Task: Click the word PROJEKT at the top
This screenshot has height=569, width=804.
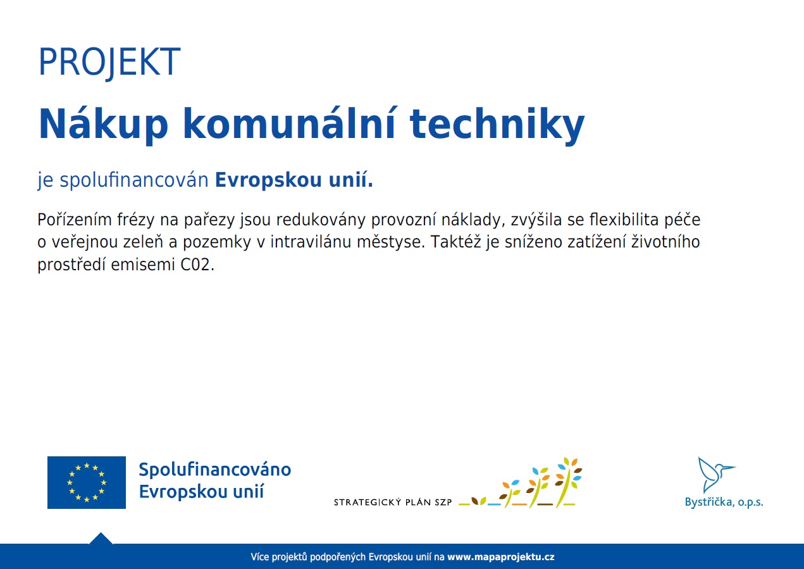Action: [x=109, y=62]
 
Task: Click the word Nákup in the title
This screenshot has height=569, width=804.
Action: [x=103, y=124]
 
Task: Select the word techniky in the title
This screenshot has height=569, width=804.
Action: [x=497, y=125]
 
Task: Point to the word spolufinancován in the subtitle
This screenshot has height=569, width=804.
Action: [x=134, y=180]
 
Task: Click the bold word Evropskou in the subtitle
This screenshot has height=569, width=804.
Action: [x=268, y=180]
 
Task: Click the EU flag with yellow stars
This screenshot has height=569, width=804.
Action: [x=87, y=482]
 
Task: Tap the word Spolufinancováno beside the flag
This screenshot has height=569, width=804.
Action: [x=214, y=470]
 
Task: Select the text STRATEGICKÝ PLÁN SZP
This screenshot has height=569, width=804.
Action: [x=393, y=502]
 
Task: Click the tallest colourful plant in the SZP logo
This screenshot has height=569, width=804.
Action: [x=568, y=482]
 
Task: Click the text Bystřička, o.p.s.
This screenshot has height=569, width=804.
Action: [x=724, y=502]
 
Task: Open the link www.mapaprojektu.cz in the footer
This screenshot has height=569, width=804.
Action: [x=501, y=557]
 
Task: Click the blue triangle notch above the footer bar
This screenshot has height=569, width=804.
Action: [x=101, y=539]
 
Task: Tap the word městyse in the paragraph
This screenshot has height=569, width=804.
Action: [x=391, y=242]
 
